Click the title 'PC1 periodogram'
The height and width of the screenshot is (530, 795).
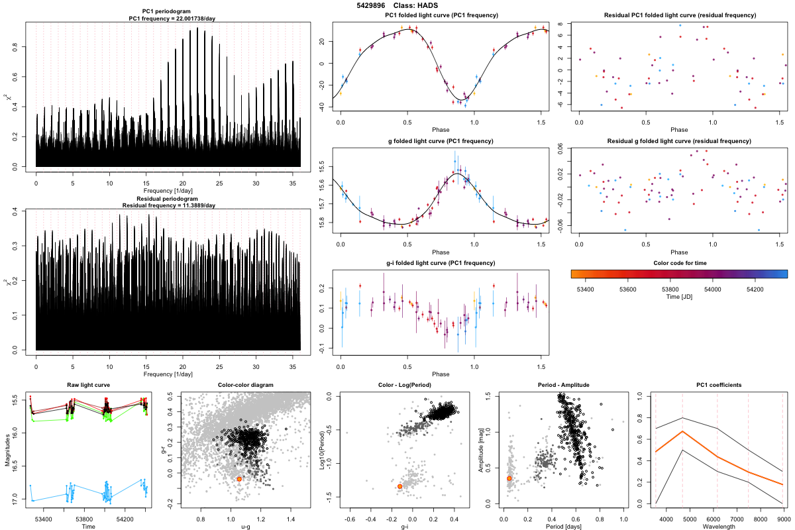point(168,13)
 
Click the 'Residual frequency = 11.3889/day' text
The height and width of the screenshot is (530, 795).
point(168,205)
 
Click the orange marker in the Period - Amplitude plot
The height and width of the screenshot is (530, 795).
point(509,478)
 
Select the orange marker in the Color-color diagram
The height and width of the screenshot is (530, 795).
point(239,479)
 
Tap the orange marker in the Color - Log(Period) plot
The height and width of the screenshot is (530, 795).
point(399,486)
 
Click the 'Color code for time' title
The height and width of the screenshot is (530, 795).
point(679,263)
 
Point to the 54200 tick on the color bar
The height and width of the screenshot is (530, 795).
point(753,289)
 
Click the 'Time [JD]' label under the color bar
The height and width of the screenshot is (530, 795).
point(679,298)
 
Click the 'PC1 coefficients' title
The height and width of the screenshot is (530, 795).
point(719,385)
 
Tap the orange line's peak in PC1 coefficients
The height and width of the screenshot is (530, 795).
point(682,431)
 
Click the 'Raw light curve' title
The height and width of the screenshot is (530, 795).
point(88,385)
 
